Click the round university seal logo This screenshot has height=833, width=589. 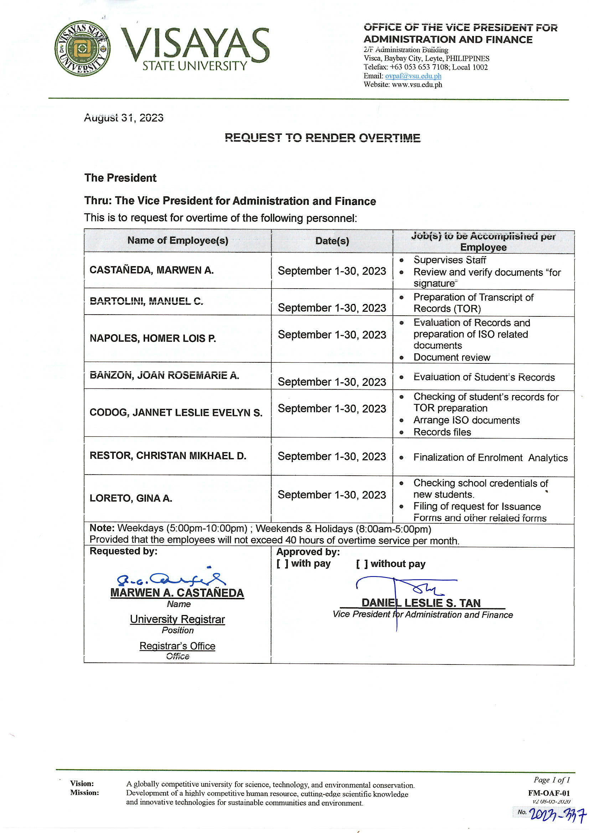click(83, 48)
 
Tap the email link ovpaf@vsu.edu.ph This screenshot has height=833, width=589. click(413, 76)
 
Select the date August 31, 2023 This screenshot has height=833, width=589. click(123, 118)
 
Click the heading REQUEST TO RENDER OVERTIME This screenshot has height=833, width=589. click(322, 138)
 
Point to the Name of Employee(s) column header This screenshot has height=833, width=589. click(177, 240)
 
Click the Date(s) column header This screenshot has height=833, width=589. click(332, 241)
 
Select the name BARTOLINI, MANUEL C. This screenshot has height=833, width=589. click(146, 301)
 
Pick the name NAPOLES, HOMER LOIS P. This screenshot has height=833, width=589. click(153, 338)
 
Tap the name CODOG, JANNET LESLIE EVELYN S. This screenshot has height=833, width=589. click(176, 413)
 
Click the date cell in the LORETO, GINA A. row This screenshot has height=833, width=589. click(332, 495)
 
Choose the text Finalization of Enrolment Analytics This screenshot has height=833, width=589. click(490, 458)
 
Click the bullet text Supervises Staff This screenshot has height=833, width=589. click(449, 260)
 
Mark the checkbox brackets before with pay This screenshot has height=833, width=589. click(282, 563)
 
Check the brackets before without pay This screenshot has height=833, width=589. click(362, 564)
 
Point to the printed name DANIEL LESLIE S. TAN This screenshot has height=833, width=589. click(420, 603)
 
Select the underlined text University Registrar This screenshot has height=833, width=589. click(177, 619)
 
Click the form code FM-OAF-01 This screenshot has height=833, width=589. click(549, 793)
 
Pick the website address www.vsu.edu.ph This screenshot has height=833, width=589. click(417, 84)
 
